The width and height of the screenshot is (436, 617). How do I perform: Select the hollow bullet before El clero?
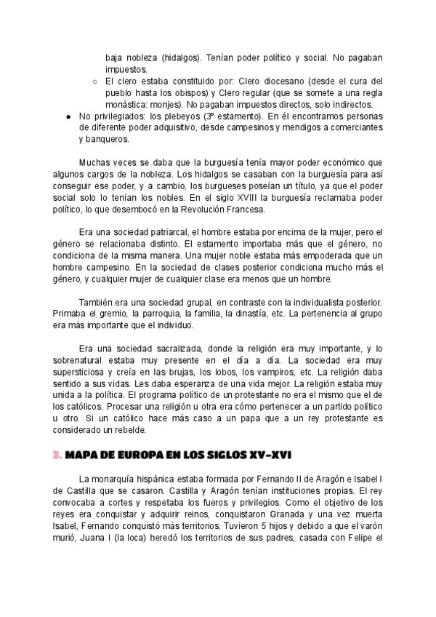(x=94, y=81)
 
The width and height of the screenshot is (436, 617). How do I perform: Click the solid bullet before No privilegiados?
(x=68, y=116)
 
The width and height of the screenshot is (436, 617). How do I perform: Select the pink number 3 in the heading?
(x=57, y=454)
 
